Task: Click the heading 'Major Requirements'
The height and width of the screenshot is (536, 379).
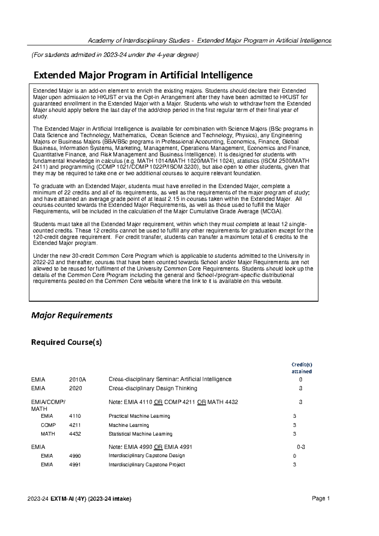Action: click(72, 315)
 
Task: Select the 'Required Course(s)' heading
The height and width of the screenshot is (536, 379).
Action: click(66, 342)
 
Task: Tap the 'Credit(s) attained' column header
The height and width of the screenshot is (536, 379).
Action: click(302, 368)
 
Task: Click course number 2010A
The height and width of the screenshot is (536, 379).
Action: click(77, 379)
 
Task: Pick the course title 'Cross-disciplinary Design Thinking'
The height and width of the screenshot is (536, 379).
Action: click(153, 388)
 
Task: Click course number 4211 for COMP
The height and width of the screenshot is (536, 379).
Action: click(75, 425)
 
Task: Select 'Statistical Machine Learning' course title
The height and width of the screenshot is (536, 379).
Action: click(141, 434)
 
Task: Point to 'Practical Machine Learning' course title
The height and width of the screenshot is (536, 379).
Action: click(139, 416)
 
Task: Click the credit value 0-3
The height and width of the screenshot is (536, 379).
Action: click(301, 447)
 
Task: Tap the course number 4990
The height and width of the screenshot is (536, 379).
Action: click(75, 456)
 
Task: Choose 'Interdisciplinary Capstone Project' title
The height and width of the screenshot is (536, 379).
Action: click(147, 465)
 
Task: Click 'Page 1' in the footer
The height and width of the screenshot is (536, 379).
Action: click(321, 498)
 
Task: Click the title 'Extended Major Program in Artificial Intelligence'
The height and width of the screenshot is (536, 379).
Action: click(143, 75)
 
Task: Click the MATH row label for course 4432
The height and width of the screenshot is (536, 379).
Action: click(48, 434)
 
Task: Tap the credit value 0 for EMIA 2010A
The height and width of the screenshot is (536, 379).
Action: click(301, 379)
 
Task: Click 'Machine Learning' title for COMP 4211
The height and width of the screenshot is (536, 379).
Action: click(129, 425)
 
